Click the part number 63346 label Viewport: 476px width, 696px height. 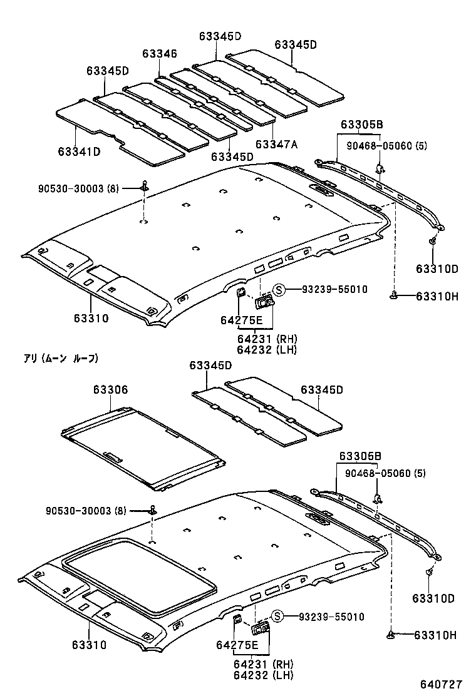click(x=159, y=54)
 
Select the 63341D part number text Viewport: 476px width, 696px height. click(x=79, y=151)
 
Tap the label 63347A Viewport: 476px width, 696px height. click(x=276, y=144)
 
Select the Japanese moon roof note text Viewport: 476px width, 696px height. click(x=61, y=359)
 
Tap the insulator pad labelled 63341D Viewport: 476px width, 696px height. click(x=119, y=135)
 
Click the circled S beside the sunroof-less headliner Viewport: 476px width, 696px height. click(x=279, y=289)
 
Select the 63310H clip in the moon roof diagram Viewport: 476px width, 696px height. click(x=391, y=635)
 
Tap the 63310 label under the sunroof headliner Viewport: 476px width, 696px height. click(x=90, y=645)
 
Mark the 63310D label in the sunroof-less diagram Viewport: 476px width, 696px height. click(x=437, y=269)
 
